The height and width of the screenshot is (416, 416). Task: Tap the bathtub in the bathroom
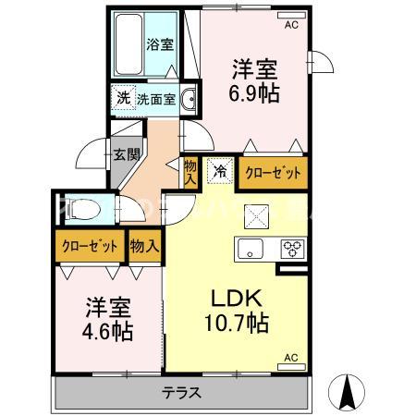click(128, 46)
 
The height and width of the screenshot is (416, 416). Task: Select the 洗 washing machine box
click(122, 98)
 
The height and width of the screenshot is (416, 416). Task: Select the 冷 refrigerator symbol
click(221, 169)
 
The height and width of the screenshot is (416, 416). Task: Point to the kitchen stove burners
click(292, 248)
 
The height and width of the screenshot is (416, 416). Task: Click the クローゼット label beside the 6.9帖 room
click(271, 171)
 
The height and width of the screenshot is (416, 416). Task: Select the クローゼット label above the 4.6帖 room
click(90, 246)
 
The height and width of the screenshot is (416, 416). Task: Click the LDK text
click(238, 300)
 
